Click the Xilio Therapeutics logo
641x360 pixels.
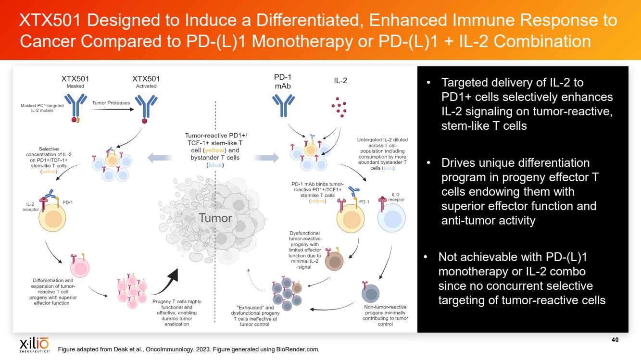coord(34,345)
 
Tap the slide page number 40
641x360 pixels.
coord(615,340)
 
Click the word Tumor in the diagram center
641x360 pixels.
coord(215,218)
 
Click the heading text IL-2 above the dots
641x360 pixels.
coord(340,81)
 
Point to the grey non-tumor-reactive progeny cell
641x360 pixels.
coord(370,293)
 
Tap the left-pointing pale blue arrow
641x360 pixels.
coord(160,157)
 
